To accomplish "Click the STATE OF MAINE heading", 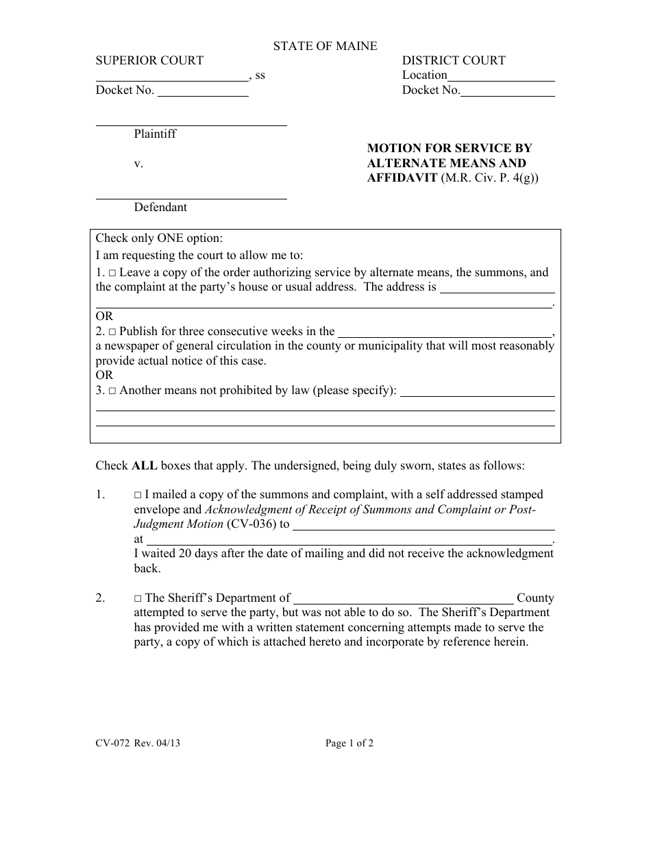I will pyautogui.click(x=325, y=46).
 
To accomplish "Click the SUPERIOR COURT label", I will pyautogui.click(x=149, y=60).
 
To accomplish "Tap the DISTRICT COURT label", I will pyautogui.click(x=454, y=60).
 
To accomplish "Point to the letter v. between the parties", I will pyautogui.click(x=138, y=164).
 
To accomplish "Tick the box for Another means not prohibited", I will pyautogui.click(x=112, y=391).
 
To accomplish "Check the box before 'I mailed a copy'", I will pyautogui.click(x=138, y=495).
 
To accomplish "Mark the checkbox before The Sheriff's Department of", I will pyautogui.click(x=138, y=598).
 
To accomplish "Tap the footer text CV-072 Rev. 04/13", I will pyautogui.click(x=138, y=743).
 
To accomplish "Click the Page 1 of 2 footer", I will pyautogui.click(x=349, y=743).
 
